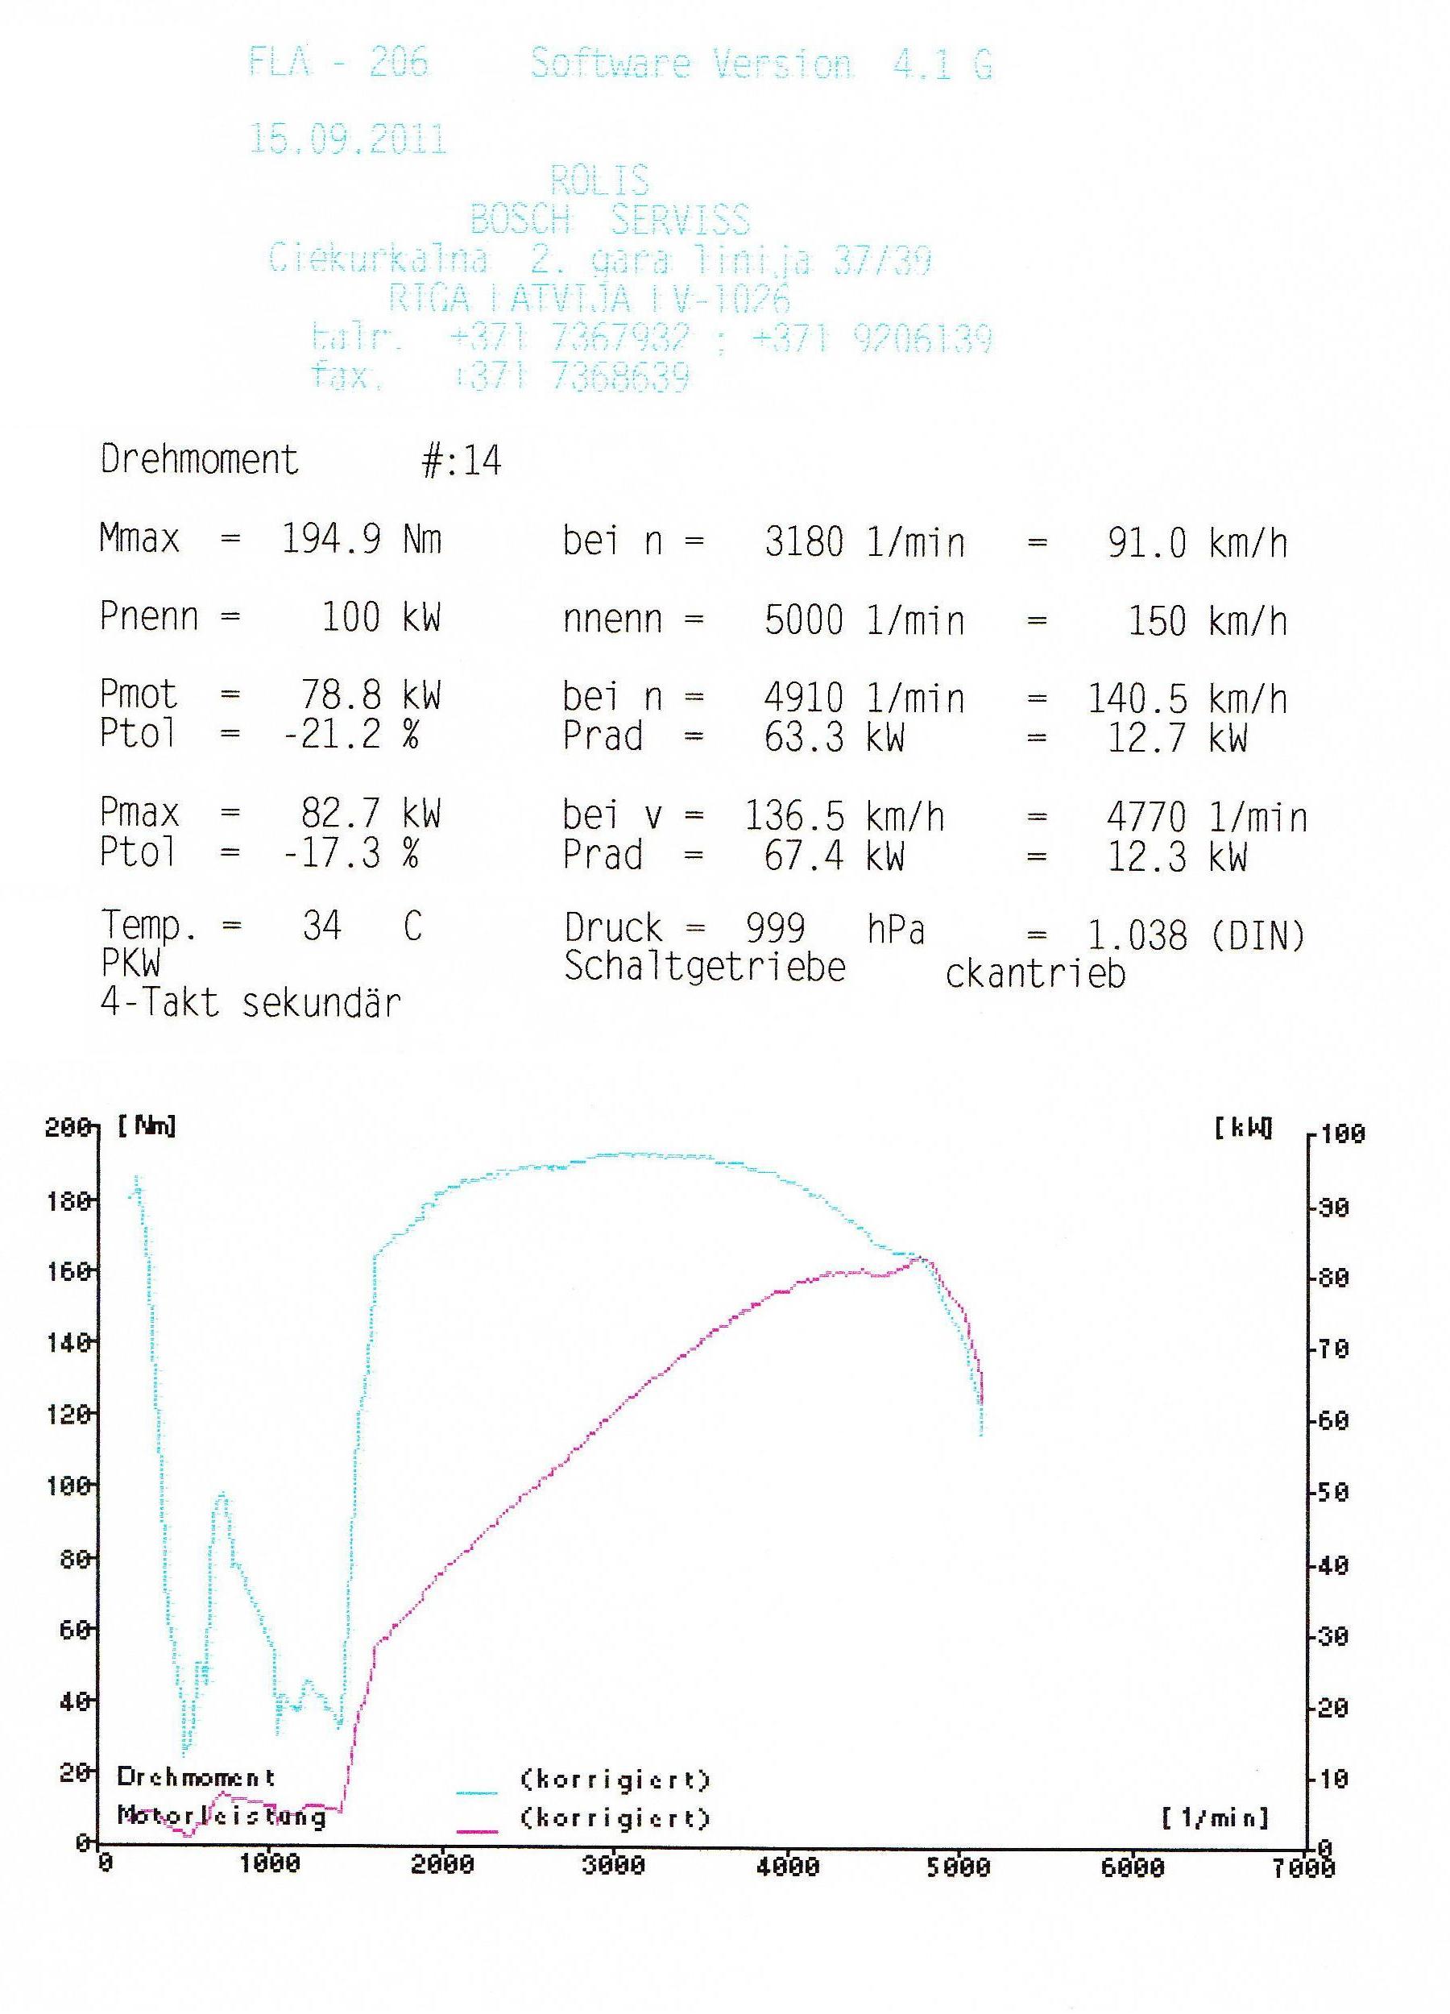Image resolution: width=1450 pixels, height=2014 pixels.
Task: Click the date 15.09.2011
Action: click(x=347, y=140)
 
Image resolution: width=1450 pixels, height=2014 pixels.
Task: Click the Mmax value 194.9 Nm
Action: click(x=362, y=539)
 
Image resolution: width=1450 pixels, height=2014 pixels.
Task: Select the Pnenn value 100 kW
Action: click(x=380, y=617)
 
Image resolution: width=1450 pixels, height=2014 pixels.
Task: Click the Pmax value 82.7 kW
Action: click(x=370, y=814)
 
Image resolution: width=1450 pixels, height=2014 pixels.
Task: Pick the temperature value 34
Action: click(x=321, y=926)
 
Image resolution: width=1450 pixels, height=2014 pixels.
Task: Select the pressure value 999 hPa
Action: click(x=835, y=929)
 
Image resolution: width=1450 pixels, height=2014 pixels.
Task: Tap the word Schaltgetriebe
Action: click(x=705, y=967)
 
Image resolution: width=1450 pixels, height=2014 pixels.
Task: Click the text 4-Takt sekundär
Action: click(x=251, y=1004)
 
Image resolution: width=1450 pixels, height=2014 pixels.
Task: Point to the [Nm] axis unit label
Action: click(x=147, y=1127)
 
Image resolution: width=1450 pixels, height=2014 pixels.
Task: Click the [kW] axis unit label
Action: click(x=1243, y=1129)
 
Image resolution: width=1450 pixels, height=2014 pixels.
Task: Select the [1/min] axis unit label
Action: click(x=1215, y=1817)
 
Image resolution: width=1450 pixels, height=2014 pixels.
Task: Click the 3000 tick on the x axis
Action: click(x=614, y=1864)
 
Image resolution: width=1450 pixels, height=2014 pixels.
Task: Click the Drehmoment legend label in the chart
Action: click(x=197, y=1777)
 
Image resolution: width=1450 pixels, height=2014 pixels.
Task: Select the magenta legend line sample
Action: click(x=477, y=1830)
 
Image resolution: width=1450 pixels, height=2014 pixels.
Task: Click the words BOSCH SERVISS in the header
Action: click(x=609, y=219)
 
